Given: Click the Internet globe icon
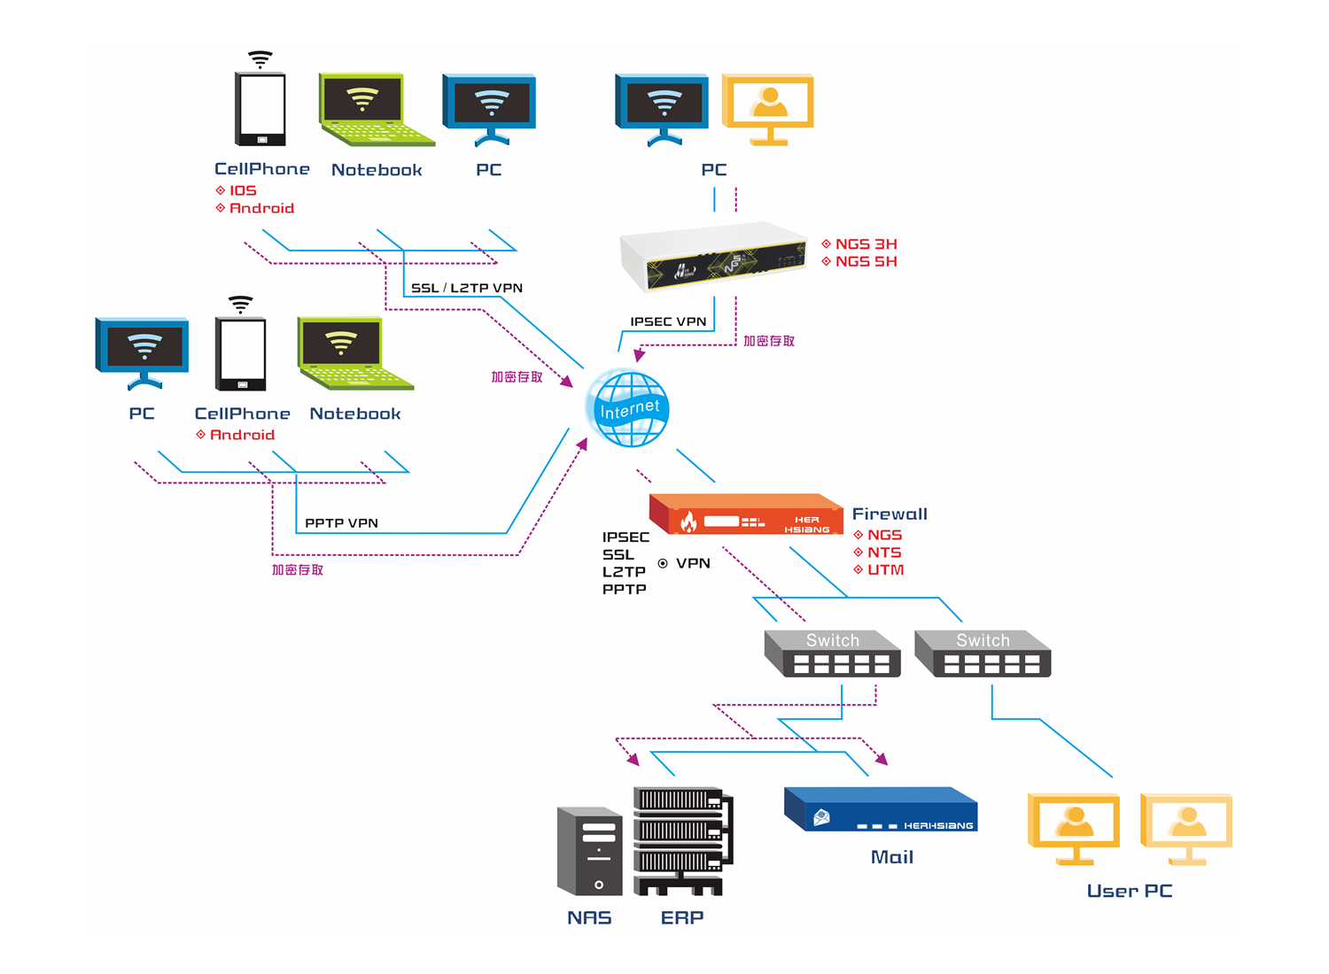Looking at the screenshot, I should click(x=628, y=409).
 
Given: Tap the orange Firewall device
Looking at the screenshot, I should click(x=746, y=515).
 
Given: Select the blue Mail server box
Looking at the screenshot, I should click(x=881, y=809).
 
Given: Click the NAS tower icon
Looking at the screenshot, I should click(x=589, y=851).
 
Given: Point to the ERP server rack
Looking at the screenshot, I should click(x=683, y=840).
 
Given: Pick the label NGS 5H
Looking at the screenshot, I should click(x=866, y=261).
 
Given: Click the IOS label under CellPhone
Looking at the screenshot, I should click(x=243, y=190).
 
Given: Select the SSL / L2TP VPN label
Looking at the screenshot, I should click(x=467, y=288).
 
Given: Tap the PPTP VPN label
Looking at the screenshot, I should click(x=341, y=523).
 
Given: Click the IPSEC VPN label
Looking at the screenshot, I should click(x=668, y=321).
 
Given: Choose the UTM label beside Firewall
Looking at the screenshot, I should click(x=885, y=569).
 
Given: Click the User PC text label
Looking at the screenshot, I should click(x=1130, y=891).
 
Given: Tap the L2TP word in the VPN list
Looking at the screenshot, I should click(x=624, y=572).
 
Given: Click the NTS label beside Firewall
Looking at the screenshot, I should click(x=883, y=553).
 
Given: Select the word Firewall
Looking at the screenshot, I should click(x=890, y=514).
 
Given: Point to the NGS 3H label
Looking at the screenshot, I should click(x=866, y=243).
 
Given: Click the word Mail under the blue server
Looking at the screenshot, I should click(x=892, y=857).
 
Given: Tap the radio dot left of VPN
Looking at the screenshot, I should click(x=663, y=563).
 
